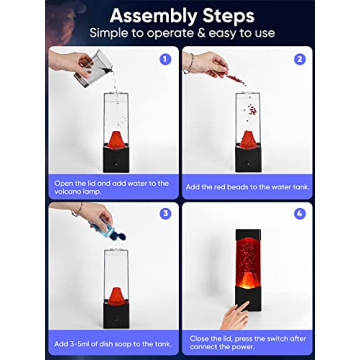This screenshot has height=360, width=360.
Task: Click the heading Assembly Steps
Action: [x=179, y=16]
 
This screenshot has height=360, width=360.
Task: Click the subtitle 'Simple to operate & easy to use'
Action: [x=179, y=34]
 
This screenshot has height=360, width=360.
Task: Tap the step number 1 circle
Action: [x=165, y=59]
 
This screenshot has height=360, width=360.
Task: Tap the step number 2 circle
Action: [x=298, y=59]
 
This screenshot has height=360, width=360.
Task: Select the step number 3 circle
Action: [x=165, y=213]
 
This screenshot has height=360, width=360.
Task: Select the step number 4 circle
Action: [x=298, y=213]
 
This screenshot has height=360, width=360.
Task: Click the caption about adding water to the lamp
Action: [x=113, y=187]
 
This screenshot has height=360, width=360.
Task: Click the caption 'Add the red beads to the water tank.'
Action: [x=246, y=187]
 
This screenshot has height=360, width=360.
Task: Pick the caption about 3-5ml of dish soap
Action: [x=113, y=343]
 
